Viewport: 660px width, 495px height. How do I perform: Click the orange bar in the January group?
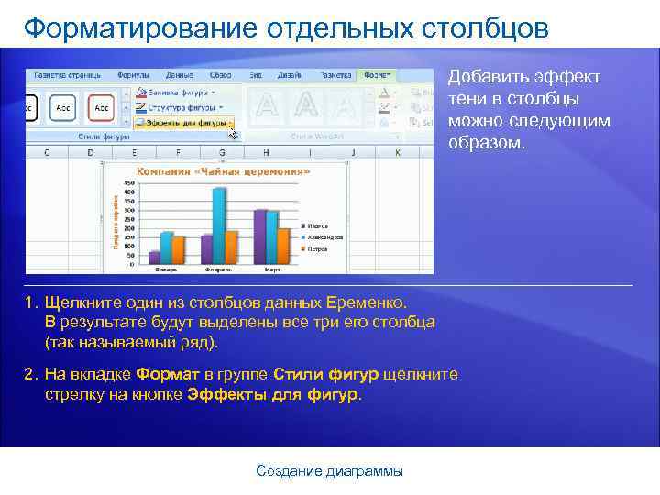coord(179,249)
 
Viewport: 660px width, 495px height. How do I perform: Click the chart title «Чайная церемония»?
coord(224,170)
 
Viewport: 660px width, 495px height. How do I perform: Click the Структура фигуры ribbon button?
coord(181,106)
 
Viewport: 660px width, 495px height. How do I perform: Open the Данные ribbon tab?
coord(179,74)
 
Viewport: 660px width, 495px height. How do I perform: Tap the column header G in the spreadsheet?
coord(221,153)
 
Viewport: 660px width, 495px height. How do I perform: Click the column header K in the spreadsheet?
coord(397,153)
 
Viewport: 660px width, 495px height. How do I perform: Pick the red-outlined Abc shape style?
coord(100,107)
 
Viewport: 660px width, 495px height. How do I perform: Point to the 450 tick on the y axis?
coord(128,182)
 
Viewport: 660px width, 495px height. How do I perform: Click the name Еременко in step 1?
coord(366,302)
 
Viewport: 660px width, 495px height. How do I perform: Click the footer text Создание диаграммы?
coord(329,471)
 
